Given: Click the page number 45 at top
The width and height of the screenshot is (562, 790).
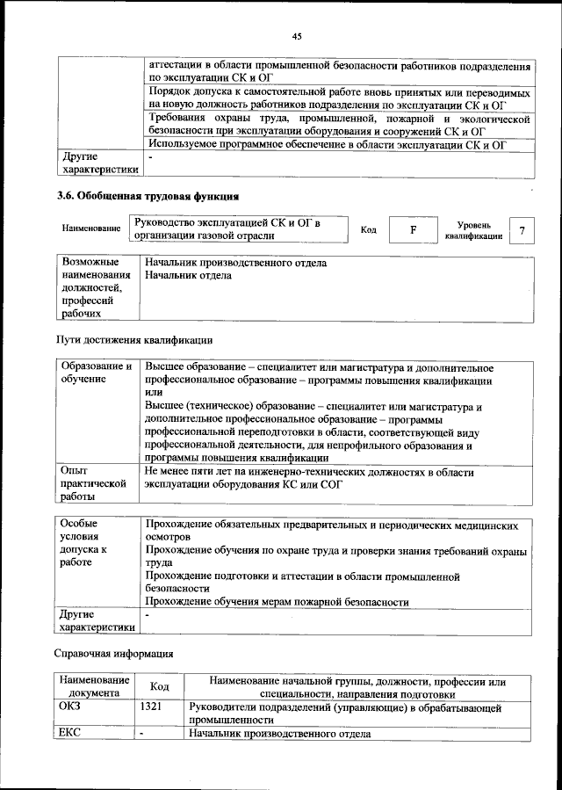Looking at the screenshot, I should [297, 36].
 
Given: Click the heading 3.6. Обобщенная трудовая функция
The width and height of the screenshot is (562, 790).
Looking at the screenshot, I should [148, 195].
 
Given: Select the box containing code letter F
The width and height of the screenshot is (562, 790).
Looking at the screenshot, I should [412, 229].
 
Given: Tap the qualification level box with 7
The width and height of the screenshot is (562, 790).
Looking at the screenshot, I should [522, 230].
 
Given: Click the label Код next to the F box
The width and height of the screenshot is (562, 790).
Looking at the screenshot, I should [369, 229].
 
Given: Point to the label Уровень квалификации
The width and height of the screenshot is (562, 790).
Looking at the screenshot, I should [473, 230].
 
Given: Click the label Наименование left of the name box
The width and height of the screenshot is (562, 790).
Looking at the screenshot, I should [91, 228].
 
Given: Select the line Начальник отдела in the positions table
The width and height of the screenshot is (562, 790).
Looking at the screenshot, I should [189, 276].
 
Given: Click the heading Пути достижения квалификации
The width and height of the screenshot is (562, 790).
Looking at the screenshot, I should [134, 339].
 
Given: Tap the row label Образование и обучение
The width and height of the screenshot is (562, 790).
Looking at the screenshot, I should [96, 372].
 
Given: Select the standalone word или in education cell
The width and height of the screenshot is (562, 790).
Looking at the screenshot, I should [154, 391].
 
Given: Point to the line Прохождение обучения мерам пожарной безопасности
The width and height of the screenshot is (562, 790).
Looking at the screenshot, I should [277, 602].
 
